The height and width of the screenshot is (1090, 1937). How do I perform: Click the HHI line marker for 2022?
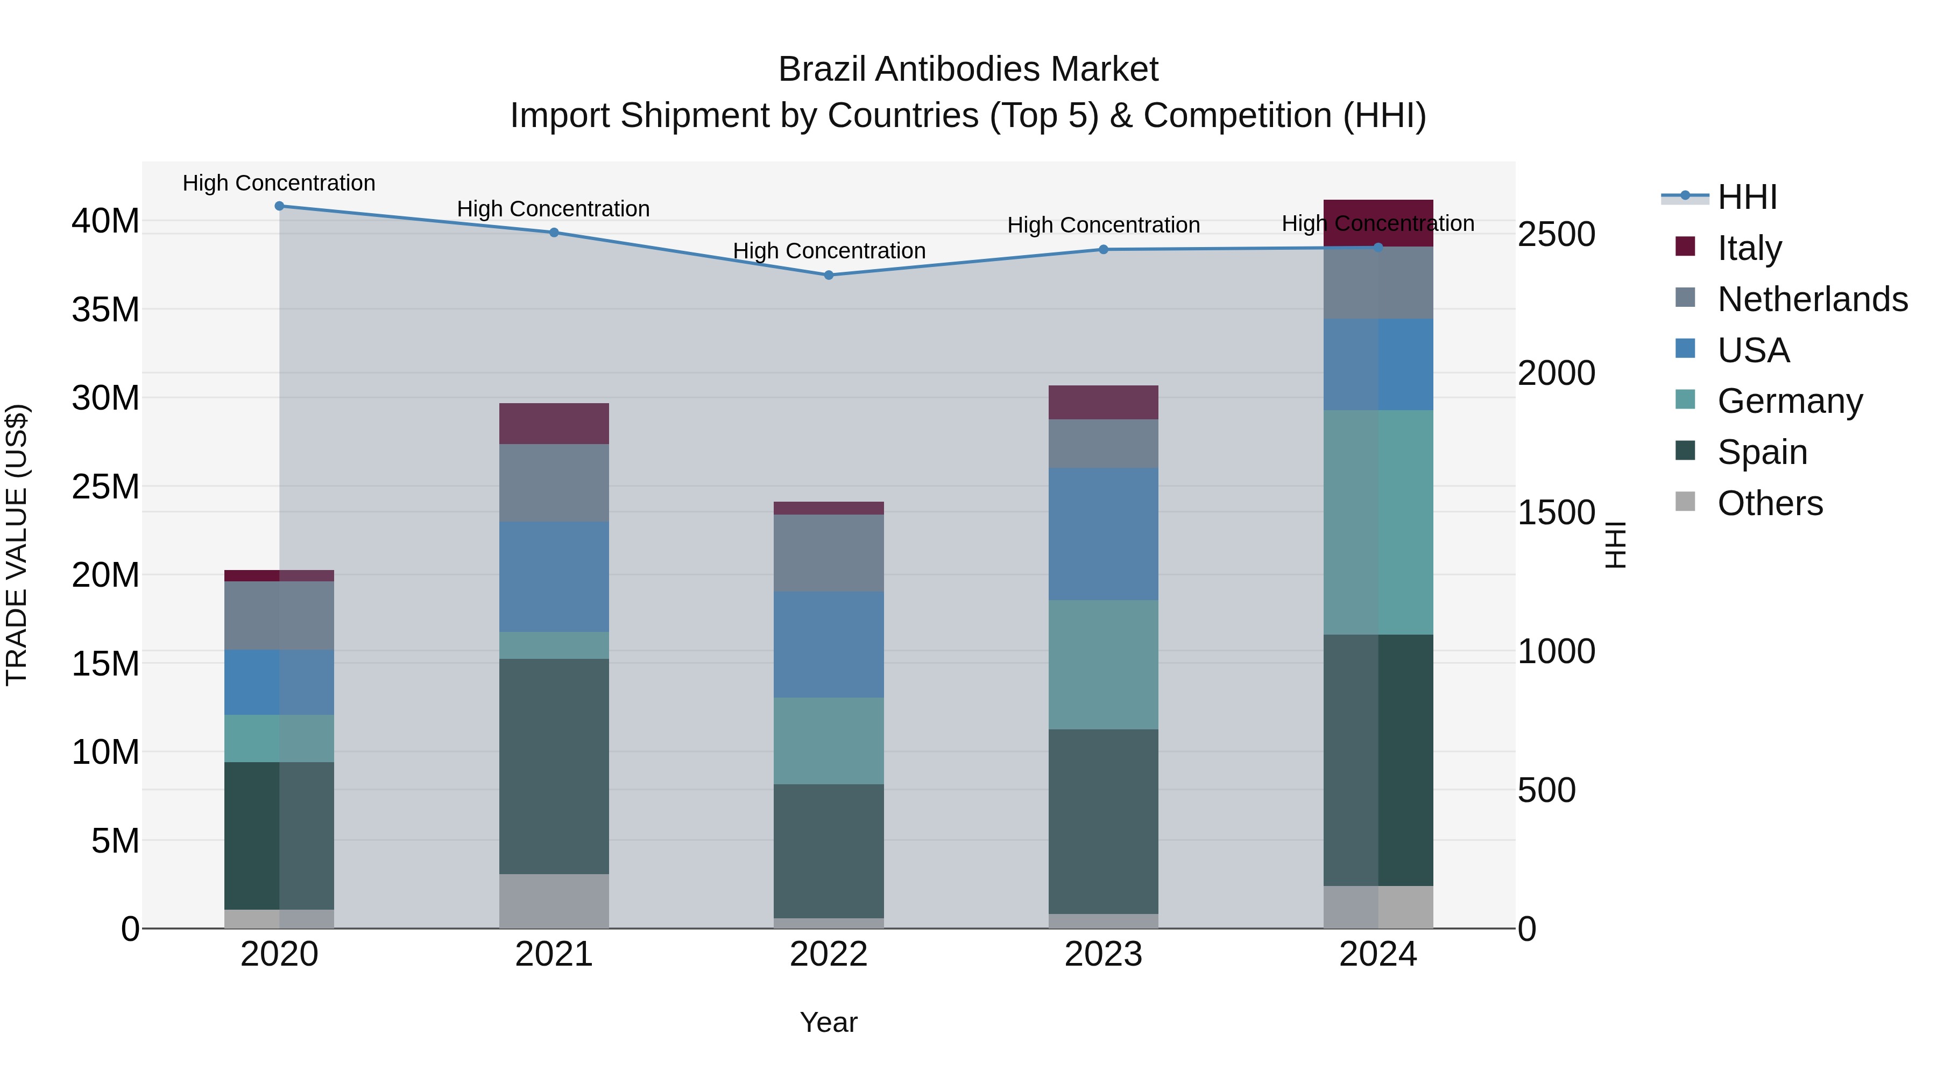829,275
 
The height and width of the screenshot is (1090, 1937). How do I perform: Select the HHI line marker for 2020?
279,206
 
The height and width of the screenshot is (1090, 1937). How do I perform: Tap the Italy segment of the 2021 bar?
554,424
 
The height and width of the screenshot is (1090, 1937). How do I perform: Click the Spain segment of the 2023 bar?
1103,821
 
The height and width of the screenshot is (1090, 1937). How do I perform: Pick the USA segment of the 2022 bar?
829,645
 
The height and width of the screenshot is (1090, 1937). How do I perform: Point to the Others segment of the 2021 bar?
554,901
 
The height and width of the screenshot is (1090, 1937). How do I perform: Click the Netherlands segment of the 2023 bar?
1103,444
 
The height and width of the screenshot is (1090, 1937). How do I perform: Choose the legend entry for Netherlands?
1812,299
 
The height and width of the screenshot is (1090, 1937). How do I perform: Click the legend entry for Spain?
1762,452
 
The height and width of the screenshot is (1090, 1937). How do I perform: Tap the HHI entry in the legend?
1747,197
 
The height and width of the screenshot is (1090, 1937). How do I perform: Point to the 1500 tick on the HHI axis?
1556,512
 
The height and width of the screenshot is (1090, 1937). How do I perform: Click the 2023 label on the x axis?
1103,954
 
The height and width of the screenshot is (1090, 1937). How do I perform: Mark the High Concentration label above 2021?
554,209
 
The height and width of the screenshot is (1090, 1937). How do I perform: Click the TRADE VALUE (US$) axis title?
17,545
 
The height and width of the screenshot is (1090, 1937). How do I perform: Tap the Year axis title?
829,1022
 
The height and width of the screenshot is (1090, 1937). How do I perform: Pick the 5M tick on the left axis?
115,840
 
